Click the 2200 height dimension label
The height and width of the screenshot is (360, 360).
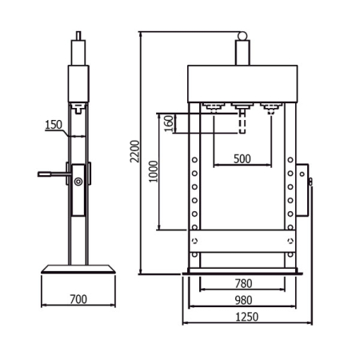(x=135, y=151)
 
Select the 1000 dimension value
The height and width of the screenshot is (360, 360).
(x=154, y=171)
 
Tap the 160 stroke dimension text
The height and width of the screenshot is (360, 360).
(x=169, y=123)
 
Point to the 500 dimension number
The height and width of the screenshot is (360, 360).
(x=242, y=159)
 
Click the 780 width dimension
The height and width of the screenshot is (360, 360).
(x=243, y=283)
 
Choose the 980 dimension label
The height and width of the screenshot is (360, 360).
(x=243, y=300)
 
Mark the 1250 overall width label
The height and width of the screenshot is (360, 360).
(x=247, y=317)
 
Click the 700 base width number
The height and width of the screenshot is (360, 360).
(x=78, y=299)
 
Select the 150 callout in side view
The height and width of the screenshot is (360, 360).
(x=54, y=125)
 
